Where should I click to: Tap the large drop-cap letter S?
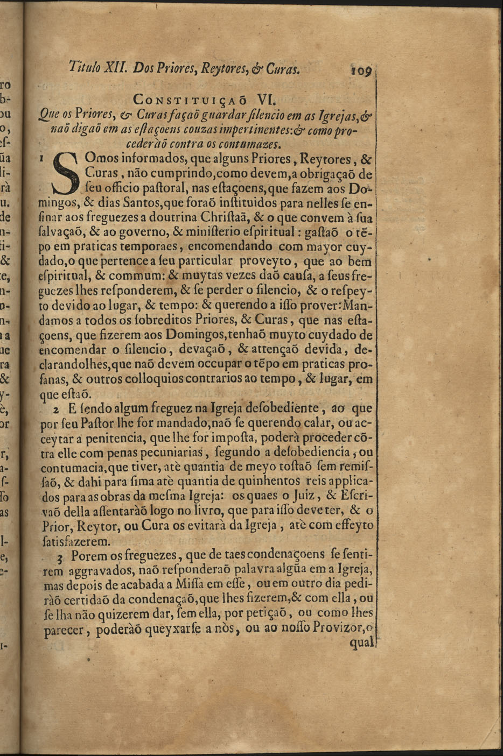click(71, 174)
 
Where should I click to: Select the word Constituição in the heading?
click(191, 101)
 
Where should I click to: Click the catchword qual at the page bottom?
click(361, 642)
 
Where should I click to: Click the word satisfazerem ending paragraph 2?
click(76, 540)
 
